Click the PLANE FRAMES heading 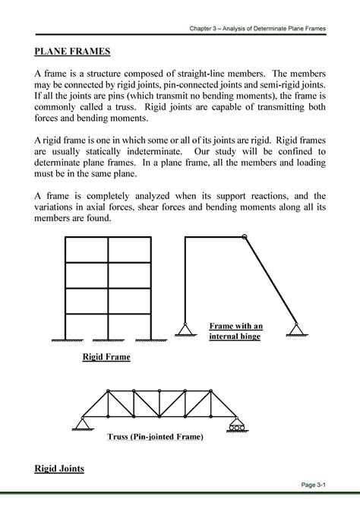click(x=72, y=52)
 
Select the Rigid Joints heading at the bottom click(x=60, y=468)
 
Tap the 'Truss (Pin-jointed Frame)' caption click(x=160, y=437)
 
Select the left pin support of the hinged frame click(x=184, y=328)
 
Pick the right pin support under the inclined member click(x=295, y=328)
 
